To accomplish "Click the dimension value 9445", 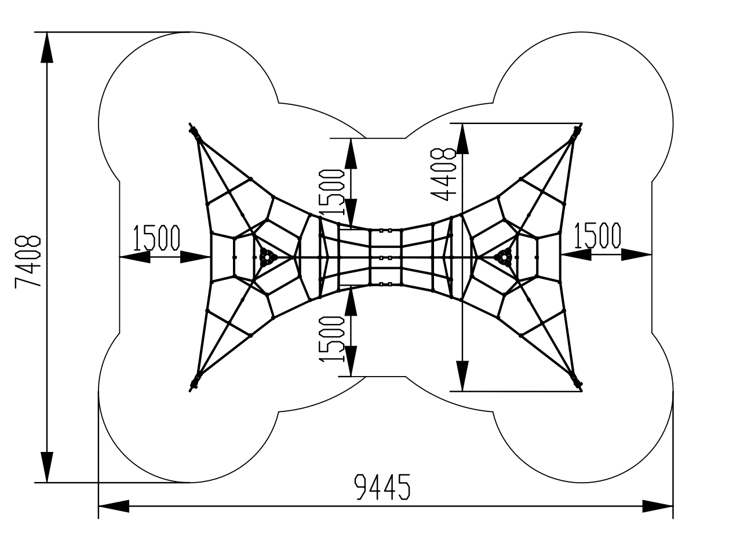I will (382, 487).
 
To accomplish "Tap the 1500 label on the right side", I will (597, 235).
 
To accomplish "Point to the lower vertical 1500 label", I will (333, 339).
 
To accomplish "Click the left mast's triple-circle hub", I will (267, 257).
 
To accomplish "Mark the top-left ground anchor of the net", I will (195, 133).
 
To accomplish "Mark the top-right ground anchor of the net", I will (576, 133).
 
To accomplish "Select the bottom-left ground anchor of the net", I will (195, 381).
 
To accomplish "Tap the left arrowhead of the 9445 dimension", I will (113, 506).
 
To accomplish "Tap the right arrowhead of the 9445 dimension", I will (658, 506).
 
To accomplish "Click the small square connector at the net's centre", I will (389, 257).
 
